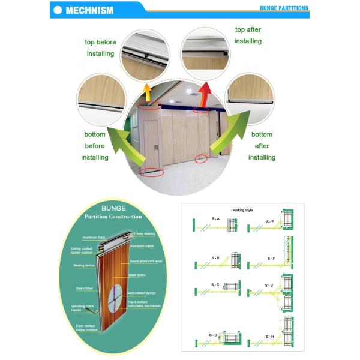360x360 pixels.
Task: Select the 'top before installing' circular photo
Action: [x=145, y=55]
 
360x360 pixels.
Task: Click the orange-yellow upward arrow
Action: [x=146, y=91]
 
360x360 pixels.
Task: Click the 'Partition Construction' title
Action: [x=113, y=217]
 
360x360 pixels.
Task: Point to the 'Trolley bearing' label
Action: [x=144, y=233]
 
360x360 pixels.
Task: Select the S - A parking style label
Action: [x=215, y=219]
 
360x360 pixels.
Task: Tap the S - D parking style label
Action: [x=214, y=334]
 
